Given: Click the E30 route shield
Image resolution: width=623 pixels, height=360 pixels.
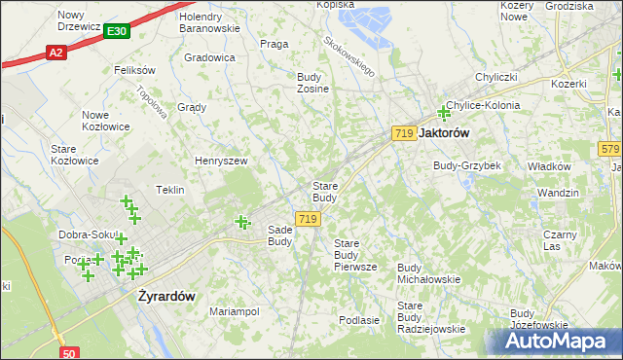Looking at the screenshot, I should click(117, 31).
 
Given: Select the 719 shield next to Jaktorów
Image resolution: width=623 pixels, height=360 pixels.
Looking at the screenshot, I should click(404, 132).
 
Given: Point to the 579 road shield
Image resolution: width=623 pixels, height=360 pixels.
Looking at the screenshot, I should click(610, 149).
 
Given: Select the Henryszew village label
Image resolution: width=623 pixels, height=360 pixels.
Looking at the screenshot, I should click(221, 161).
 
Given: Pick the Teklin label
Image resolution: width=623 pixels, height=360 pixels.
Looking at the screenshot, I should click(169, 190).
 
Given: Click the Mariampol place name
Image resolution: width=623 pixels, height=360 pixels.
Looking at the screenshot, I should click(234, 311).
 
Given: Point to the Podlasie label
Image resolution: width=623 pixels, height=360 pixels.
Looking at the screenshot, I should click(358, 319).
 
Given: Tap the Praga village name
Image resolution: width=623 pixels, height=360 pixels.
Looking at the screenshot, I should click(275, 44).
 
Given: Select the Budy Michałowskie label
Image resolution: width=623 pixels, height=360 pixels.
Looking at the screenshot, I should click(428, 273).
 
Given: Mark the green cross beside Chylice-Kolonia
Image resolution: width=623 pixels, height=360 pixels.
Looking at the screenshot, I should click(444, 113).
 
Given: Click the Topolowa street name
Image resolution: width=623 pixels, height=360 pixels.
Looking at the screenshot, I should click(153, 97).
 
